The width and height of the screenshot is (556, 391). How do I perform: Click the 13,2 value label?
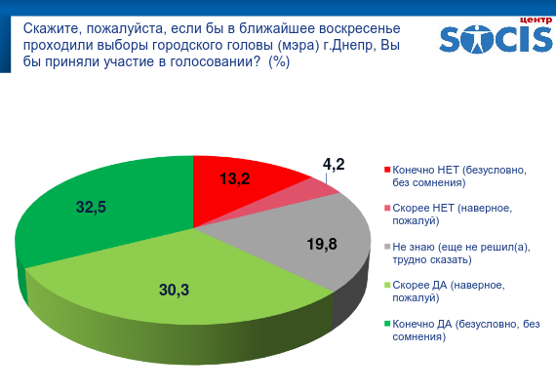(235, 178)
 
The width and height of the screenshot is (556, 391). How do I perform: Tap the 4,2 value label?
(334, 164)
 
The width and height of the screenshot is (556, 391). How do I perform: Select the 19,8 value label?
(322, 244)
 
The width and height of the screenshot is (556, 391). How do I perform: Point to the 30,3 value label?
(174, 290)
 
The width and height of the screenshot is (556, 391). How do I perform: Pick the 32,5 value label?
(91, 207)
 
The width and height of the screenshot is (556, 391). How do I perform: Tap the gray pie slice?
(305, 241)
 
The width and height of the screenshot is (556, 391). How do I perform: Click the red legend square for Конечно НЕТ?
(387, 170)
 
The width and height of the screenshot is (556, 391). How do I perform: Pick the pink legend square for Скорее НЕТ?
(387, 208)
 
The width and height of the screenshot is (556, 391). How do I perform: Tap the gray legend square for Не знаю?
(387, 247)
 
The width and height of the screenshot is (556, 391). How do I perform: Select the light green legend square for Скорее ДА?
(387, 285)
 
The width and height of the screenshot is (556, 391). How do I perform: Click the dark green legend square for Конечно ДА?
(387, 324)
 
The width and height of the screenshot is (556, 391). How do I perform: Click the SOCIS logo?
(496, 38)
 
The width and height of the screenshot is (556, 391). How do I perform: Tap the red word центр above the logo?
(536, 20)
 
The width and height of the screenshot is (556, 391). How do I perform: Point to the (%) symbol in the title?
(279, 62)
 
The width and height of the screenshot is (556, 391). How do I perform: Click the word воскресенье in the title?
(360, 28)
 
